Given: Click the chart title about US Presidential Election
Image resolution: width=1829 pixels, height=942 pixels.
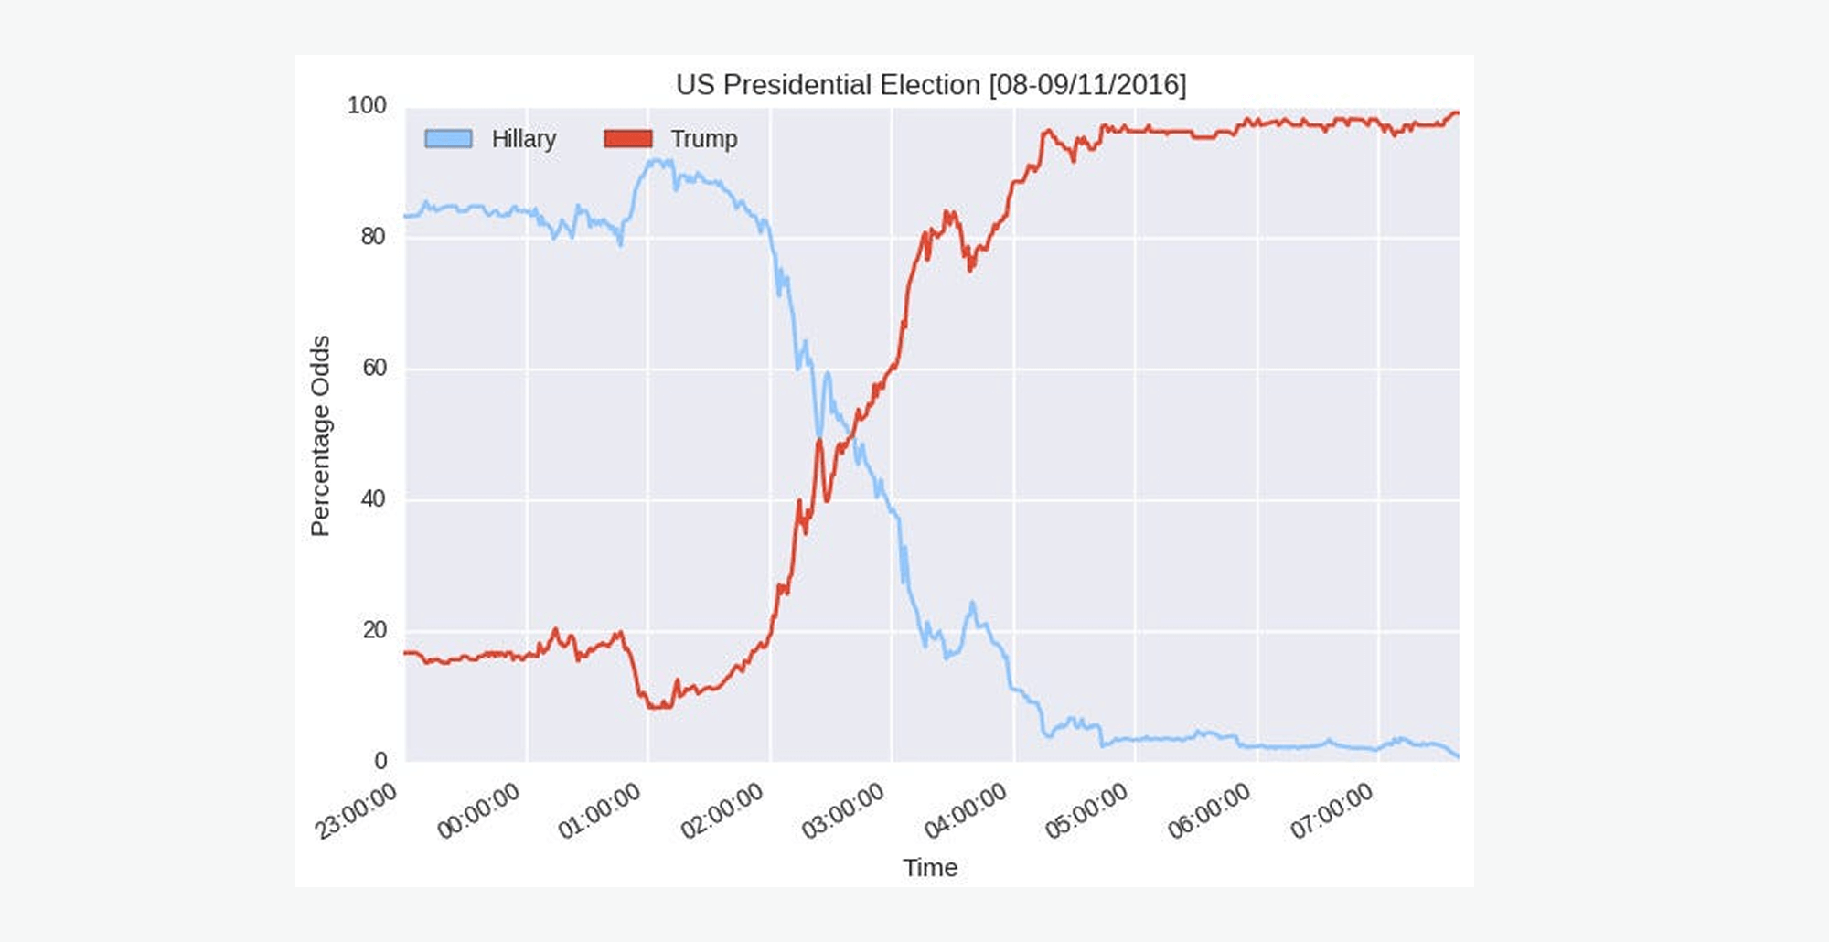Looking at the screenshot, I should point(931,85).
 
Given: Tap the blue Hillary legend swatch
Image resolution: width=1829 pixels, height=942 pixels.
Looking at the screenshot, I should point(448,139).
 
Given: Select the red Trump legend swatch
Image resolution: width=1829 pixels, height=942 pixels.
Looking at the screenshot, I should point(628,139).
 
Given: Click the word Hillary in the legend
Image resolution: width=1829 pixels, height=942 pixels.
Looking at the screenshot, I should point(523,139).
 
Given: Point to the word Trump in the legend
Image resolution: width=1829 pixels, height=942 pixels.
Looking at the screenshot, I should point(703,139).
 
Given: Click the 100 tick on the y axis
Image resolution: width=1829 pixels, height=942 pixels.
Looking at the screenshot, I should point(367,106).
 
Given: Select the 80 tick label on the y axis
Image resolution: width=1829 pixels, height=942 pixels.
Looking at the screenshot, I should point(373,237).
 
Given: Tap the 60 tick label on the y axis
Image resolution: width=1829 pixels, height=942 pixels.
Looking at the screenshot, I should point(374,368).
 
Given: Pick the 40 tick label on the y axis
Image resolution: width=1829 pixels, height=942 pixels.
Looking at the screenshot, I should point(373,499).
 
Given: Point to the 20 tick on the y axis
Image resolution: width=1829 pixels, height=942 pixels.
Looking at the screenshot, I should point(374,630).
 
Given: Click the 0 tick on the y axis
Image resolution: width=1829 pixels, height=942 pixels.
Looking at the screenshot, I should point(380,761).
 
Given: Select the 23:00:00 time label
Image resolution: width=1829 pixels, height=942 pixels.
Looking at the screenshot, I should point(357,811).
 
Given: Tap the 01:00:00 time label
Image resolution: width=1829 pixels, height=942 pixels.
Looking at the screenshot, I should point(600,811).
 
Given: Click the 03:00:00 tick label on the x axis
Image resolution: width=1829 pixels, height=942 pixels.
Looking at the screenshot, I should point(843,811).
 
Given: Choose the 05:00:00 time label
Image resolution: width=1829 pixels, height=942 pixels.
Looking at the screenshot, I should point(1086,811).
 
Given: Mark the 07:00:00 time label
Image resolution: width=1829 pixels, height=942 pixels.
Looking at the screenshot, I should point(1332,811).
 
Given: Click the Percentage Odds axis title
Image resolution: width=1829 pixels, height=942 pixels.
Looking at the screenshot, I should point(320,435).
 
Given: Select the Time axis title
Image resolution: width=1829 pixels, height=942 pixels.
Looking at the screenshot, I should point(930,867).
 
